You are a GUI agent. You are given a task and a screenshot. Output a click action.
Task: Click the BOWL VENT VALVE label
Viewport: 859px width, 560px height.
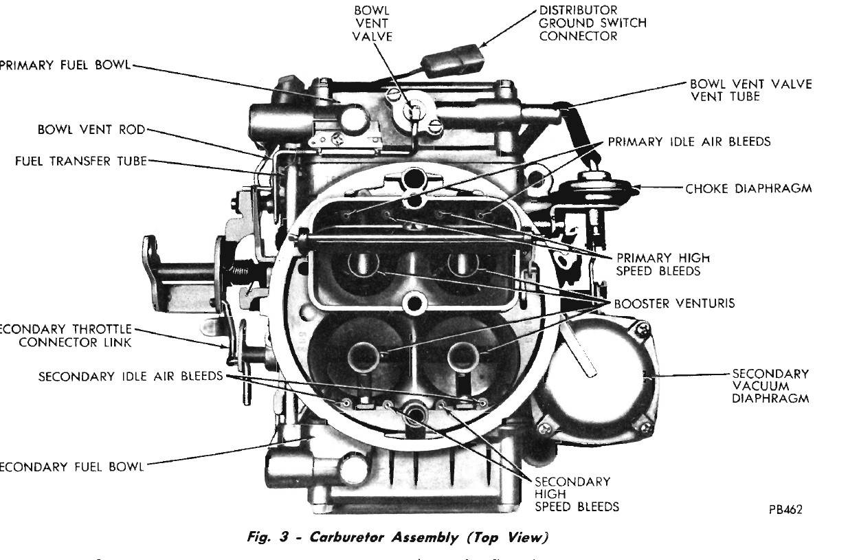(372, 23)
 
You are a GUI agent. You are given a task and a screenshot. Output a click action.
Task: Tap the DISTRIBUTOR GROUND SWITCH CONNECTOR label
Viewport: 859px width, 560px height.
(592, 23)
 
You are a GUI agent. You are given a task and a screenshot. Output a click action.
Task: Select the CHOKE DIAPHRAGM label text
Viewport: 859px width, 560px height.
(749, 188)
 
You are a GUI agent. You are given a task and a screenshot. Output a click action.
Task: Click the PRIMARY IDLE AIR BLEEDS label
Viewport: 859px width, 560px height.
(689, 142)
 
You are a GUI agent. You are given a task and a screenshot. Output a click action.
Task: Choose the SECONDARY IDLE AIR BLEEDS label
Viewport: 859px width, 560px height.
(131, 377)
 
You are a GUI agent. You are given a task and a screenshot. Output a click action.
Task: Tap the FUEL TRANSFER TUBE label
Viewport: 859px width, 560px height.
(80, 161)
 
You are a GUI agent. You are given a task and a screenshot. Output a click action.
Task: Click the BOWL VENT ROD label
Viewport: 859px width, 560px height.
(92, 129)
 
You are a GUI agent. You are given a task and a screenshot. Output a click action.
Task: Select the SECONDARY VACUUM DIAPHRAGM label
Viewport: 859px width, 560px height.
(770, 385)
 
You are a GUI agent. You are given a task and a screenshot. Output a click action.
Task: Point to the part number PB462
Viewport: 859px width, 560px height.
(786, 509)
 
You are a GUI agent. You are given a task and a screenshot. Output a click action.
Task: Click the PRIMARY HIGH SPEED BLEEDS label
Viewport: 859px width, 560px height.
(662, 264)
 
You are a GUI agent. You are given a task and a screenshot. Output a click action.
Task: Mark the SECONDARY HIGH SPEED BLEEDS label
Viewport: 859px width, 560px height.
(577, 494)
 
